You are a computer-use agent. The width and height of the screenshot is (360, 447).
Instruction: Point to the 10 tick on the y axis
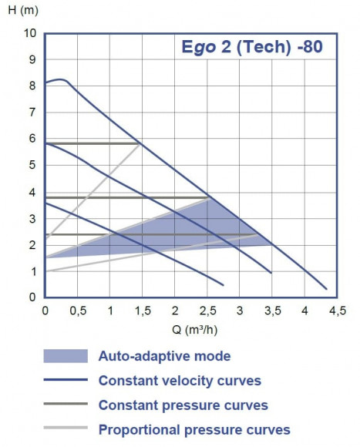(x=30, y=33)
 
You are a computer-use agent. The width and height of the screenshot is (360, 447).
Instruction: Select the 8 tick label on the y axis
(x=33, y=86)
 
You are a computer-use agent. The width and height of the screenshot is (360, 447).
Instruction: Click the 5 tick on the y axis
(x=33, y=165)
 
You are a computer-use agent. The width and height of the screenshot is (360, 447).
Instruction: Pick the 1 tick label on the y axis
(x=33, y=271)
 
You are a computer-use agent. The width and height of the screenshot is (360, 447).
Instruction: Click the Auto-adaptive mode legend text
(x=164, y=356)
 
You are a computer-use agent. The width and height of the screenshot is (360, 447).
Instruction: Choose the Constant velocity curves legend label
(x=180, y=381)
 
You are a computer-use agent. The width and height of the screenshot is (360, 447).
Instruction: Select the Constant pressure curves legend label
(x=183, y=405)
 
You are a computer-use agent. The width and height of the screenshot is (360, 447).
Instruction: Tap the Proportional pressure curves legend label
(x=194, y=429)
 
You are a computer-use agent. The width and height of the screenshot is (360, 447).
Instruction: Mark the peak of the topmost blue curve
(x=61, y=79)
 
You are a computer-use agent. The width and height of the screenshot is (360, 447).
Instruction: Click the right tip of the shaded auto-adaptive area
(x=273, y=245)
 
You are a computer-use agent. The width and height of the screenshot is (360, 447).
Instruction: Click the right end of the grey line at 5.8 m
(x=140, y=143)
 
